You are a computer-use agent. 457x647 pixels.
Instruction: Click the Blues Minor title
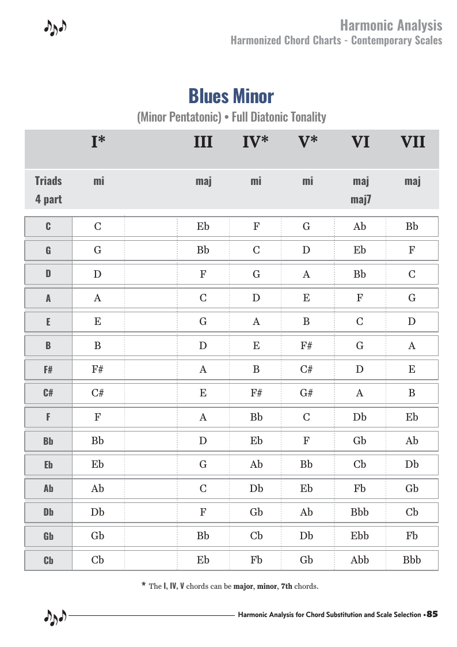(x=231, y=96)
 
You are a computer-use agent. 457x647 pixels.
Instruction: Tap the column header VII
(x=413, y=142)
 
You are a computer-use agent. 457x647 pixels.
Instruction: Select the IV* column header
(x=256, y=142)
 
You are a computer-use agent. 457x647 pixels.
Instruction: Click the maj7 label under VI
(x=360, y=200)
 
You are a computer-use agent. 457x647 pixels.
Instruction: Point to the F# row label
(x=48, y=370)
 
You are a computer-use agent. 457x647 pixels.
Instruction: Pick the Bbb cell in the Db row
(x=360, y=512)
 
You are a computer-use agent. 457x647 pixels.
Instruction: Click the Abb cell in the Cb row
(x=360, y=560)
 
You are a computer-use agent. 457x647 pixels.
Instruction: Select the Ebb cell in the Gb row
(x=360, y=536)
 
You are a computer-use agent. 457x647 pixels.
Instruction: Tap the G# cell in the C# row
(x=306, y=394)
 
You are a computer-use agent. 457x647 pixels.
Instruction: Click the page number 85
(x=432, y=615)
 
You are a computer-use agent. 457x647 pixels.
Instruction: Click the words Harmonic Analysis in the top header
(x=391, y=25)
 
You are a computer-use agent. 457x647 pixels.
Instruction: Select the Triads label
(x=48, y=181)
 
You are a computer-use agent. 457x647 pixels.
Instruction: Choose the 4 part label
(x=48, y=200)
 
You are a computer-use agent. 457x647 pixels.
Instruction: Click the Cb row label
(x=48, y=560)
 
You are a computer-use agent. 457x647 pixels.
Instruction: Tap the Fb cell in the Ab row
(x=360, y=489)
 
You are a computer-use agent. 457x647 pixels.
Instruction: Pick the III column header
(x=203, y=142)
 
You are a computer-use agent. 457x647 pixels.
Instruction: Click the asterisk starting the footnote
(x=143, y=585)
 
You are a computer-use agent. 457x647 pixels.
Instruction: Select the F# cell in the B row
(x=306, y=346)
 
